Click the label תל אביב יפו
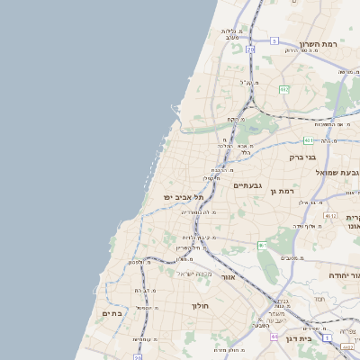tap(184, 196)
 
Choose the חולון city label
tap(200, 306)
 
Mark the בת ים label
tap(112, 313)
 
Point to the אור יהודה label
tap(343, 274)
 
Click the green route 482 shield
tap(284, 90)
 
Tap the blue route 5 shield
tap(274, 40)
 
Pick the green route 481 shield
tap(309, 140)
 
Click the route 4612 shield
tap(330, 216)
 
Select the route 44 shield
tap(274, 336)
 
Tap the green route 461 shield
tap(262, 245)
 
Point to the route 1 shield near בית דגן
tap(327, 337)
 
